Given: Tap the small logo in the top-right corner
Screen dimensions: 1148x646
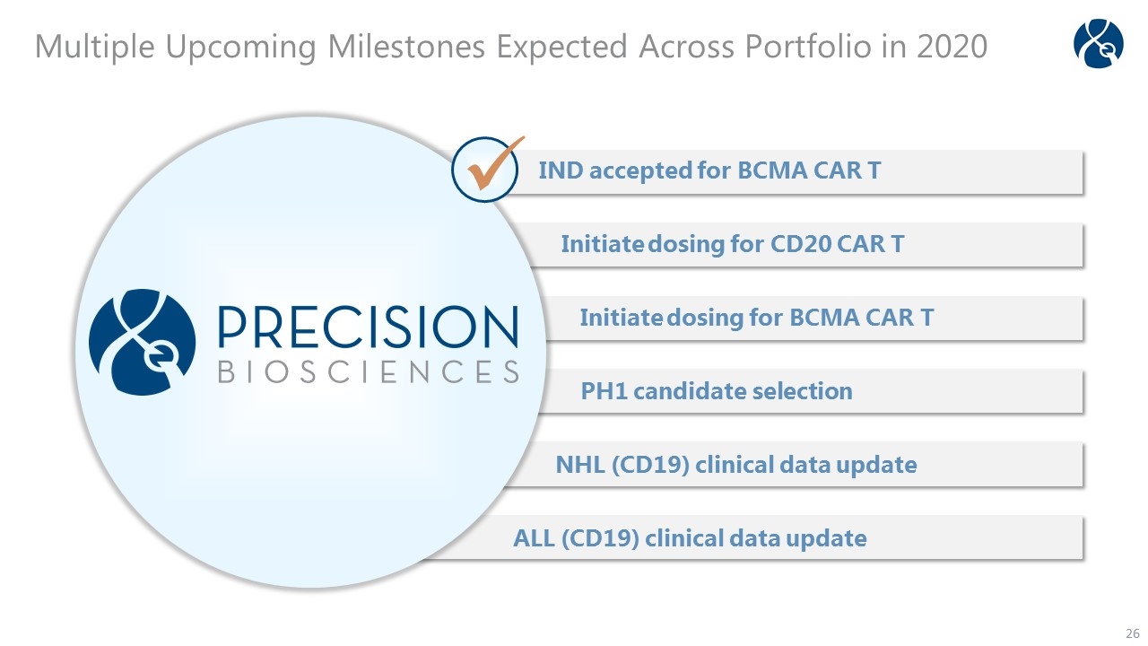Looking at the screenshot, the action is click(1099, 43).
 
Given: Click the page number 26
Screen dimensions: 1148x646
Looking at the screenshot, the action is click(1132, 633).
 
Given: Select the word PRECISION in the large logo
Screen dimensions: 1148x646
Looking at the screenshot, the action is click(368, 327).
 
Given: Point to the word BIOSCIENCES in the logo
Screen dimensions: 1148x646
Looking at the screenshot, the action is click(368, 371).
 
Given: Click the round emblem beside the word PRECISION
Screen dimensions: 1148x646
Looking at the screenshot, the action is click(142, 342).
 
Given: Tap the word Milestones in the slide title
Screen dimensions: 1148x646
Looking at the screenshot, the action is click(406, 47).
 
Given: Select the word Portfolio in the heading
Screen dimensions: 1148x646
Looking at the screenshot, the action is click(808, 47).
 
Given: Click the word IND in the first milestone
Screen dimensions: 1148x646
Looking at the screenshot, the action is click(561, 170).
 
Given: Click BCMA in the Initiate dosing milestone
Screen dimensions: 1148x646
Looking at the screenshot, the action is click(823, 318).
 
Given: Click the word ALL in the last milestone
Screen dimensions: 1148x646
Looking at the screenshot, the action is click(534, 538).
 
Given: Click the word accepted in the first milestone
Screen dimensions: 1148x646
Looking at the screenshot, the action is click(640, 171).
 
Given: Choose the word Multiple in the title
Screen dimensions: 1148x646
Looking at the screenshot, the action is click(95, 48).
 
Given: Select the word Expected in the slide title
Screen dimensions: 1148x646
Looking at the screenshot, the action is click(561, 48).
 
